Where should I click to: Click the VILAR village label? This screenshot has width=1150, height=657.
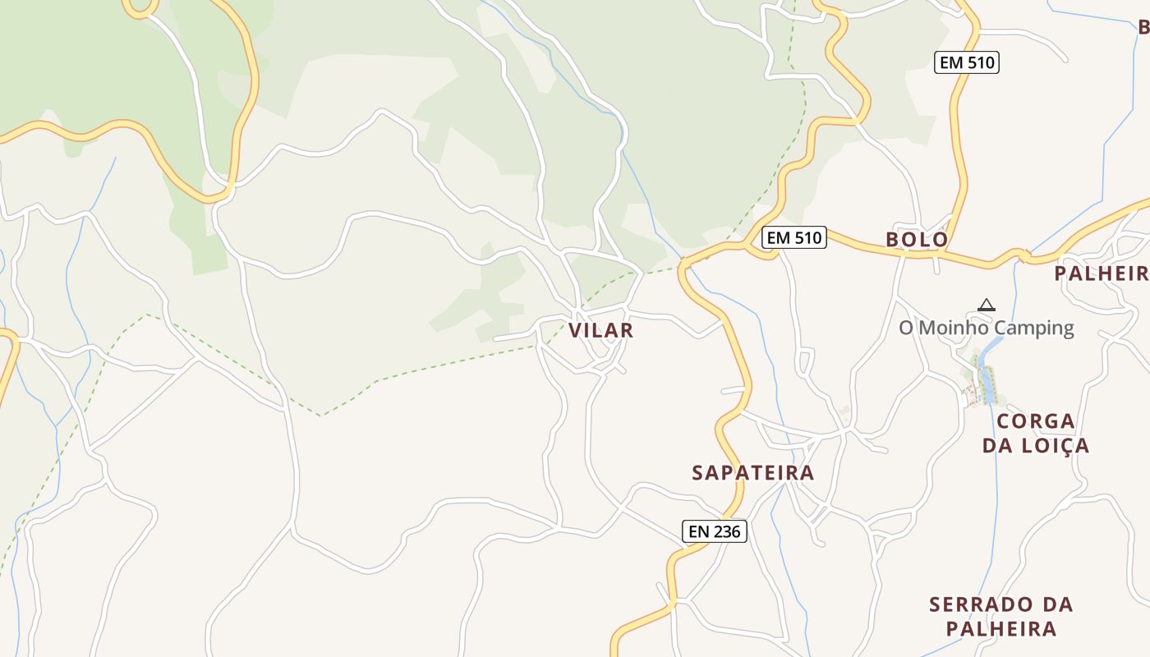[601, 330]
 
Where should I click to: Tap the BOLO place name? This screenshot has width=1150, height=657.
[917, 240]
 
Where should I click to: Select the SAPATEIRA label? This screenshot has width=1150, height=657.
[752, 472]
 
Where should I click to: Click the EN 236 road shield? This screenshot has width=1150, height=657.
[715, 531]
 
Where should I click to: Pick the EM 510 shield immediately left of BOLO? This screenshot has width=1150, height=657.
[793, 238]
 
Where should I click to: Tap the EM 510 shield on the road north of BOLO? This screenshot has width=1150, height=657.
[966, 62]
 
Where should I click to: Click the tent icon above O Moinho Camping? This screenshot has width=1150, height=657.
[987, 305]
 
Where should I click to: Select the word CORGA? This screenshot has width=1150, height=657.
[1036, 421]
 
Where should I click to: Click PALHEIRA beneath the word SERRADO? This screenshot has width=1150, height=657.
[1000, 629]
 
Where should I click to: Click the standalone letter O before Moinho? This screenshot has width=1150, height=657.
[906, 328]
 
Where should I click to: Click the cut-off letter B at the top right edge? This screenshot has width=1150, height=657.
[1143, 27]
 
